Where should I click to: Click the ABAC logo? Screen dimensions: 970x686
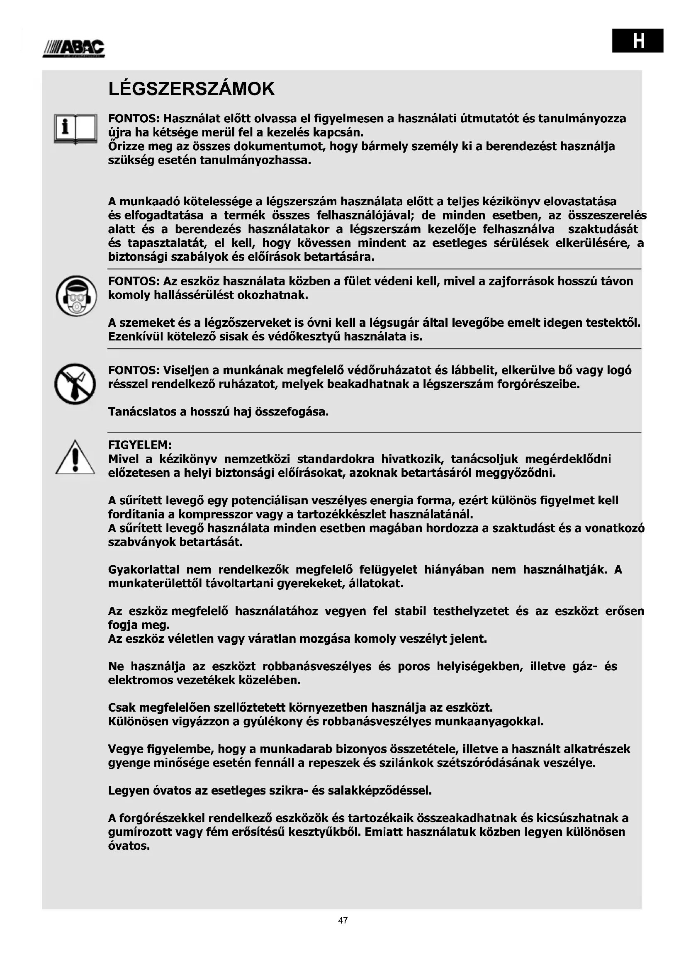point(74,49)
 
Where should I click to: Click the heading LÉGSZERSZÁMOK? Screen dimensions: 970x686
point(191,89)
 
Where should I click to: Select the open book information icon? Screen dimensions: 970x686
point(75,129)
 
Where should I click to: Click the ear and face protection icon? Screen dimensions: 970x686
point(76,296)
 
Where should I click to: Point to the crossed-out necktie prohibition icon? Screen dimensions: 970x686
point(75,384)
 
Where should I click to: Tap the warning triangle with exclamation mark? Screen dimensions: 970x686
point(75,457)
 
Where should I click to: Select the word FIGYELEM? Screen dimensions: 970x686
point(140,445)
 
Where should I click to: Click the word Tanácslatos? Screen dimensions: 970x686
point(142,411)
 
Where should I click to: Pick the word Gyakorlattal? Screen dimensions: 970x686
point(144,570)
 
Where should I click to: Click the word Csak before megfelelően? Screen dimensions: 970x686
point(122,707)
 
